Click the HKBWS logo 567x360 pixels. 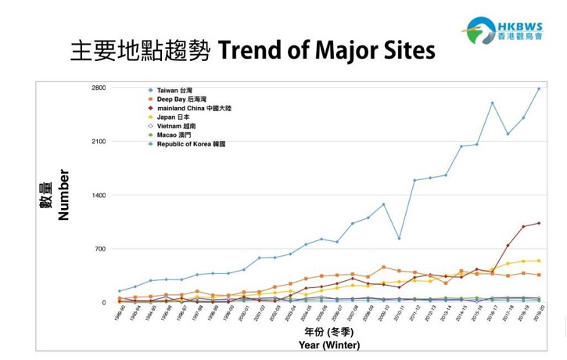517,29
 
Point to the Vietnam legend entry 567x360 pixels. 176,126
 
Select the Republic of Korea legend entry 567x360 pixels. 191,144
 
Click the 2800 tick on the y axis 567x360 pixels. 97,88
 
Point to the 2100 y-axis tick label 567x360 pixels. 97,142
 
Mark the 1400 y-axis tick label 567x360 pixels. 97,195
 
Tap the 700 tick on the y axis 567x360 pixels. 99,249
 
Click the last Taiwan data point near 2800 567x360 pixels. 539,88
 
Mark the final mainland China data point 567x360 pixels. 539,223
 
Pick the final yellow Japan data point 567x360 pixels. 539,261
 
